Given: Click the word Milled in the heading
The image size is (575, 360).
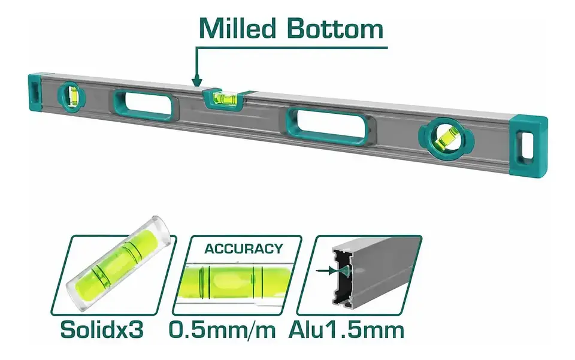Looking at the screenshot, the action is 237,28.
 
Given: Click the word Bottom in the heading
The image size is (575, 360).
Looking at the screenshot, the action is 335,28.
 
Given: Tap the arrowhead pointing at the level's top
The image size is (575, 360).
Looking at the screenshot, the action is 197,81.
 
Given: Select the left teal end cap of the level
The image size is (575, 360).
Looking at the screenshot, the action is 35,93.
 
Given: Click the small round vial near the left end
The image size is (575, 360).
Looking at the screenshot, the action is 71,96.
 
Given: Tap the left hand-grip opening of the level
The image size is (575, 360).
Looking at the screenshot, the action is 143,104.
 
